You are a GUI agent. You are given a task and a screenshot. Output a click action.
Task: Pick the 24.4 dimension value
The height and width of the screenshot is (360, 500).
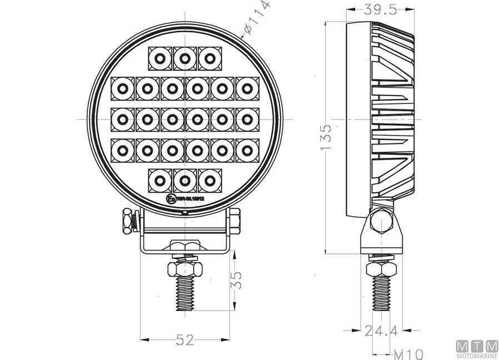click(381, 332)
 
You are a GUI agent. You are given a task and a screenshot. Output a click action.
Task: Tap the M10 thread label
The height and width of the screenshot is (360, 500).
click(408, 353)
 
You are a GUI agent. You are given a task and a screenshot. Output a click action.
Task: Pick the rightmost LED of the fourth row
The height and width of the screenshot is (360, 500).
click(247, 149)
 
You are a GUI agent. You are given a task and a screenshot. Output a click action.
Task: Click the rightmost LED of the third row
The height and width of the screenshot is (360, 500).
click(247, 118)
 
